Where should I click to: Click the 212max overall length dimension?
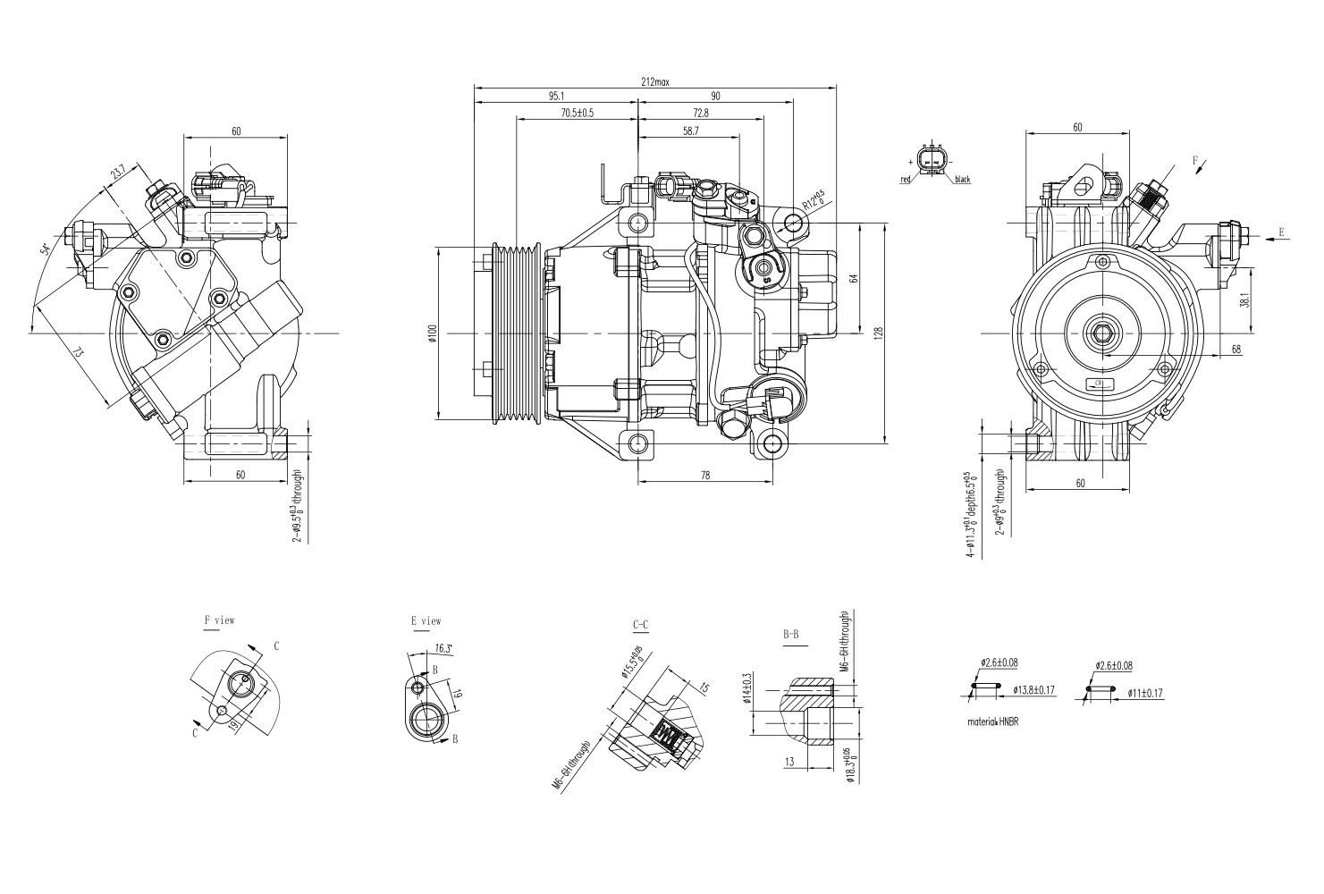654,81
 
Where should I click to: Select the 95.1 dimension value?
556,96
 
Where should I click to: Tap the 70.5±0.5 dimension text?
577,114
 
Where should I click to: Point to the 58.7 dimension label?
690,131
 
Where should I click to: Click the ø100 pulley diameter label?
432,333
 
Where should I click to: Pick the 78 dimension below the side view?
704,476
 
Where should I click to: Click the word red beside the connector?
905,180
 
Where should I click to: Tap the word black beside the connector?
962,180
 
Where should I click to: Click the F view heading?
219,620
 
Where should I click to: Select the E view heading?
426,620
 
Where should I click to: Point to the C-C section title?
640,624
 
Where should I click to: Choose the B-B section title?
791,634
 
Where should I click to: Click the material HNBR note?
992,721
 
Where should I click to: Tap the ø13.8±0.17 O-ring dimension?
1034,689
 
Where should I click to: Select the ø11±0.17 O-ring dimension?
1144,692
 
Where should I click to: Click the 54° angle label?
45,249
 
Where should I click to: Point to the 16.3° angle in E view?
443,649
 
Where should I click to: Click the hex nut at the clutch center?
1099,333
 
